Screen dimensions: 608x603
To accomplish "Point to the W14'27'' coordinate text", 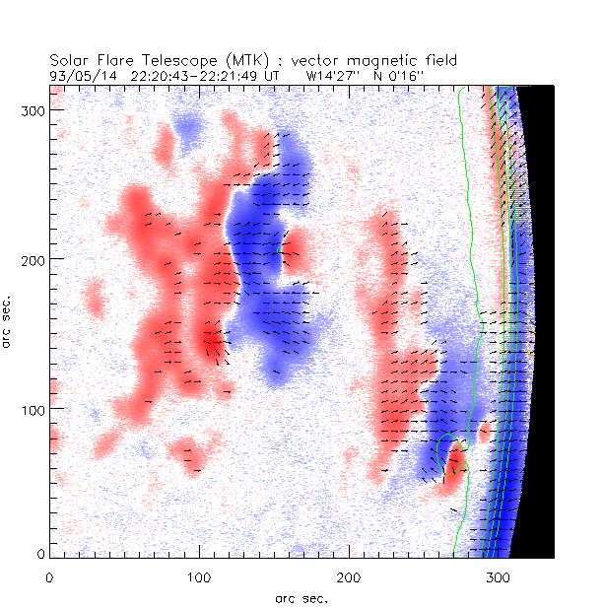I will (x=333, y=75).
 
